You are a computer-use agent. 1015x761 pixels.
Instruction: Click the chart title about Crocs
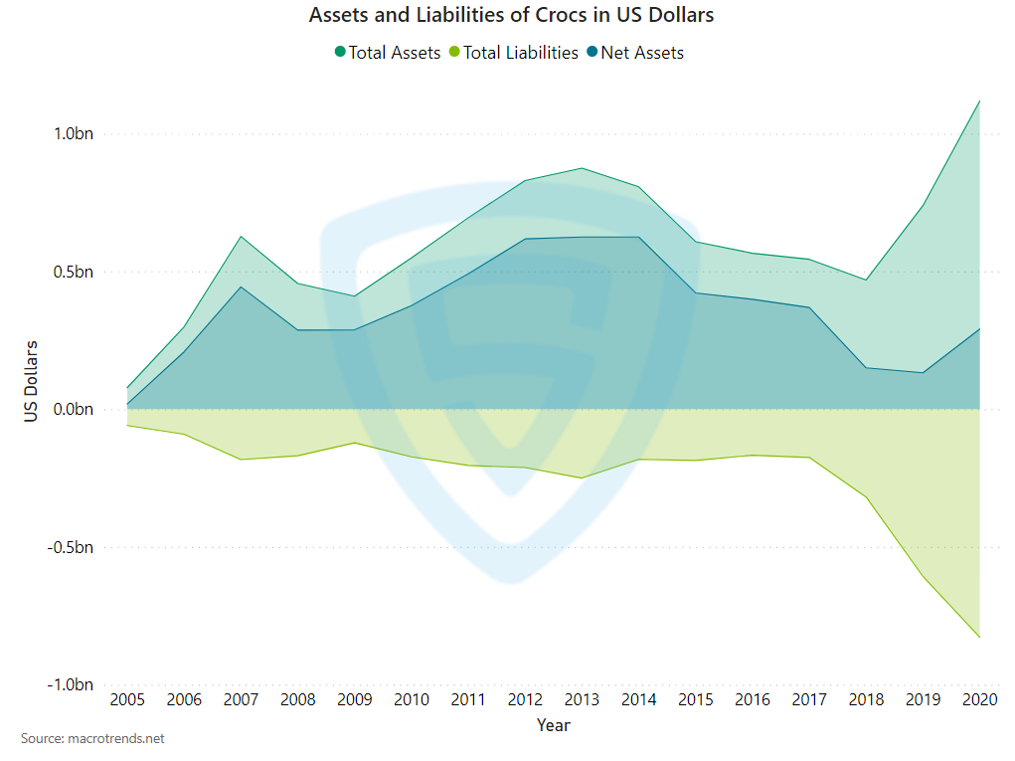[x=511, y=16]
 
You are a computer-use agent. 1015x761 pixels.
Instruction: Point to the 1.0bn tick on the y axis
[x=74, y=134]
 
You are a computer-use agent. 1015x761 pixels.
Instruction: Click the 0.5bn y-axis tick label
[x=74, y=272]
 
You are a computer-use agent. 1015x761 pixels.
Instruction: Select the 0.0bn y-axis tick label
[x=74, y=410]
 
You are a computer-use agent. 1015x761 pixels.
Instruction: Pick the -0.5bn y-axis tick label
[x=72, y=547]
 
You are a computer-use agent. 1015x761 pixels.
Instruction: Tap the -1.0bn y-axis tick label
[x=72, y=684]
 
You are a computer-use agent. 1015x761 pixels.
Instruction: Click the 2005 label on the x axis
[x=127, y=700]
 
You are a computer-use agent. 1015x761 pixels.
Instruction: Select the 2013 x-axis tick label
[x=582, y=700]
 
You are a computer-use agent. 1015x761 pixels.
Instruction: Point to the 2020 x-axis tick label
[x=979, y=700]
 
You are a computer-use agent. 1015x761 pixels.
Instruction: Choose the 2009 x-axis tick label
[x=355, y=700]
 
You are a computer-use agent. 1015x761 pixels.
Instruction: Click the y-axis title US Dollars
[x=32, y=381]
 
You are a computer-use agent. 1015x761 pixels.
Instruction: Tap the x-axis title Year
[x=554, y=725]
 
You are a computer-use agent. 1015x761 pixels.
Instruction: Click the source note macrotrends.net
[x=92, y=739]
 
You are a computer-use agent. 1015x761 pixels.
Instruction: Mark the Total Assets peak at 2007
[x=242, y=237]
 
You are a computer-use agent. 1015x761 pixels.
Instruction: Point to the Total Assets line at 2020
[x=979, y=101]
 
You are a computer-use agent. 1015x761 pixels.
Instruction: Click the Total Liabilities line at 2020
[x=979, y=637]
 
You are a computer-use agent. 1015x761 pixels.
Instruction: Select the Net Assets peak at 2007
[x=242, y=286]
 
